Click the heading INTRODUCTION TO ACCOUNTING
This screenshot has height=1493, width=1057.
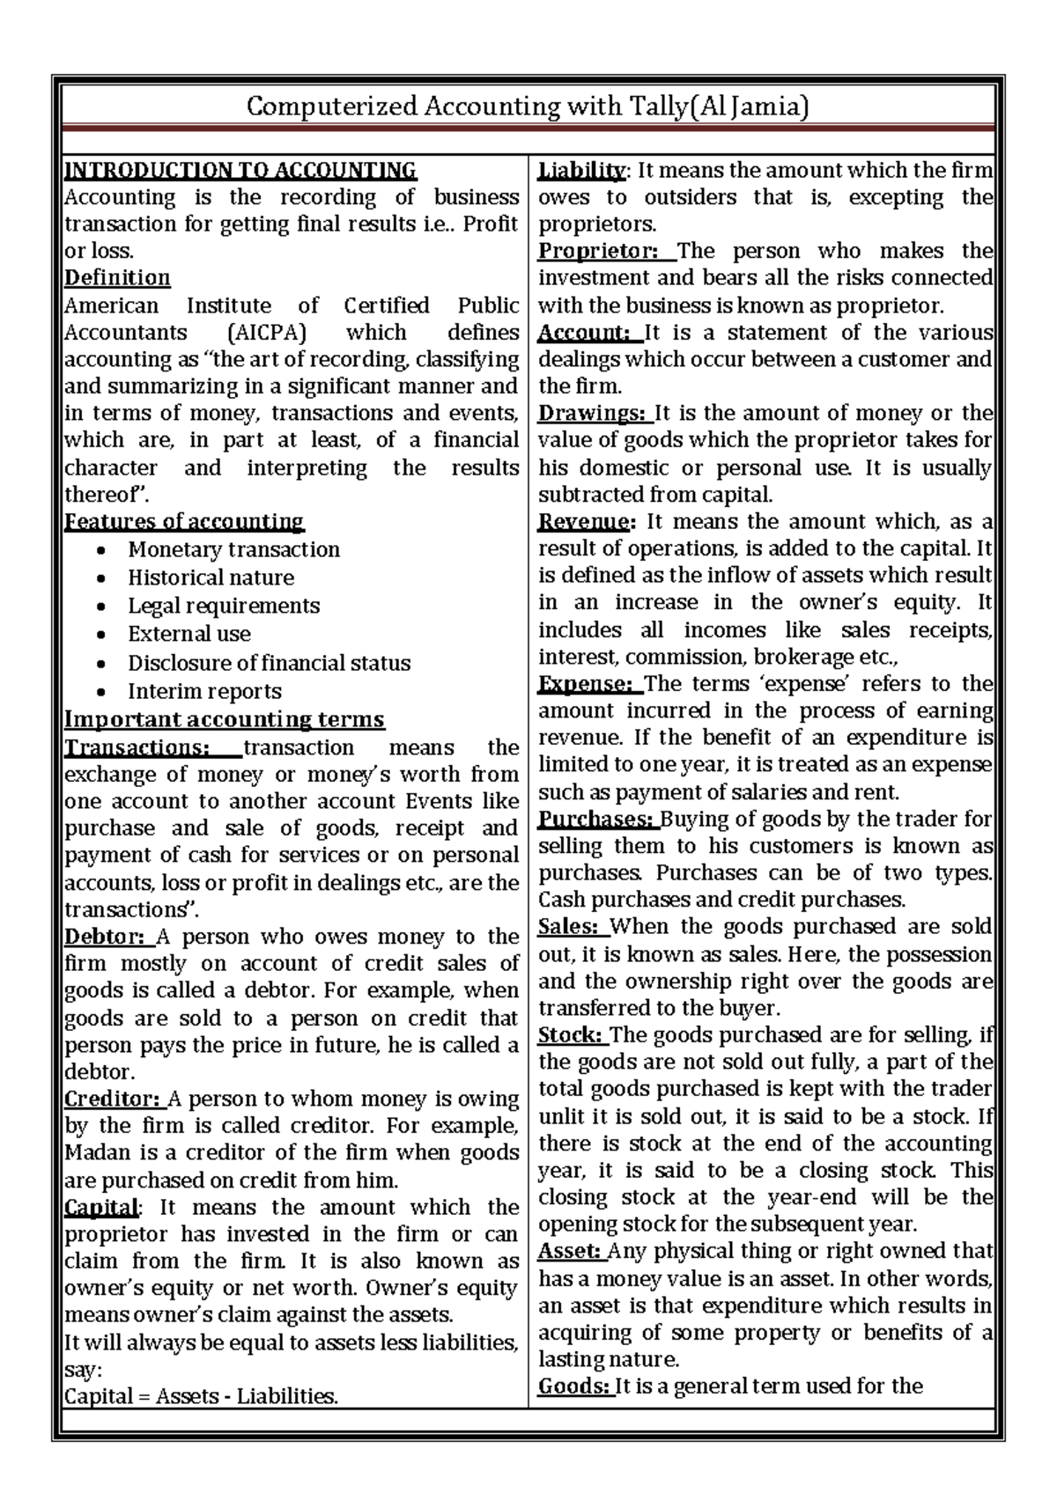pyautogui.click(x=240, y=170)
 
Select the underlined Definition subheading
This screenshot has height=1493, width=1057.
pyautogui.click(x=117, y=278)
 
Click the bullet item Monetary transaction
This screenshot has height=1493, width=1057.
pyautogui.click(x=233, y=550)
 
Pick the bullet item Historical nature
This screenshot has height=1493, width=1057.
pyautogui.click(x=211, y=578)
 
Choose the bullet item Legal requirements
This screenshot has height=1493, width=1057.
pyautogui.click(x=224, y=607)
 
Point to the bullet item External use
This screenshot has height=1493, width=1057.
pyautogui.click(x=188, y=635)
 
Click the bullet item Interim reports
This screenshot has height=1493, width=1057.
pyautogui.click(x=204, y=692)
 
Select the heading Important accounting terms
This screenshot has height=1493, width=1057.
pyautogui.click(x=225, y=720)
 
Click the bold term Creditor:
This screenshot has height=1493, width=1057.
pyautogui.click(x=113, y=1100)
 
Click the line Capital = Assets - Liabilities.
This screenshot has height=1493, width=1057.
pyautogui.click(x=202, y=1397)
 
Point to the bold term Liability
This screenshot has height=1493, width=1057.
pyautogui.click(x=581, y=170)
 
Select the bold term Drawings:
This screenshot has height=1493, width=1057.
pyautogui.click(x=593, y=414)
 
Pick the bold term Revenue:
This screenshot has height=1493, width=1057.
pyautogui.click(x=585, y=522)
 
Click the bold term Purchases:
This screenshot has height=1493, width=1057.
pyautogui.click(x=596, y=820)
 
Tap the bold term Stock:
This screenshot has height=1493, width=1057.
pyautogui.click(x=570, y=1035)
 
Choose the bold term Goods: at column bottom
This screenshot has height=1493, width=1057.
pyautogui.click(x=573, y=1387)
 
